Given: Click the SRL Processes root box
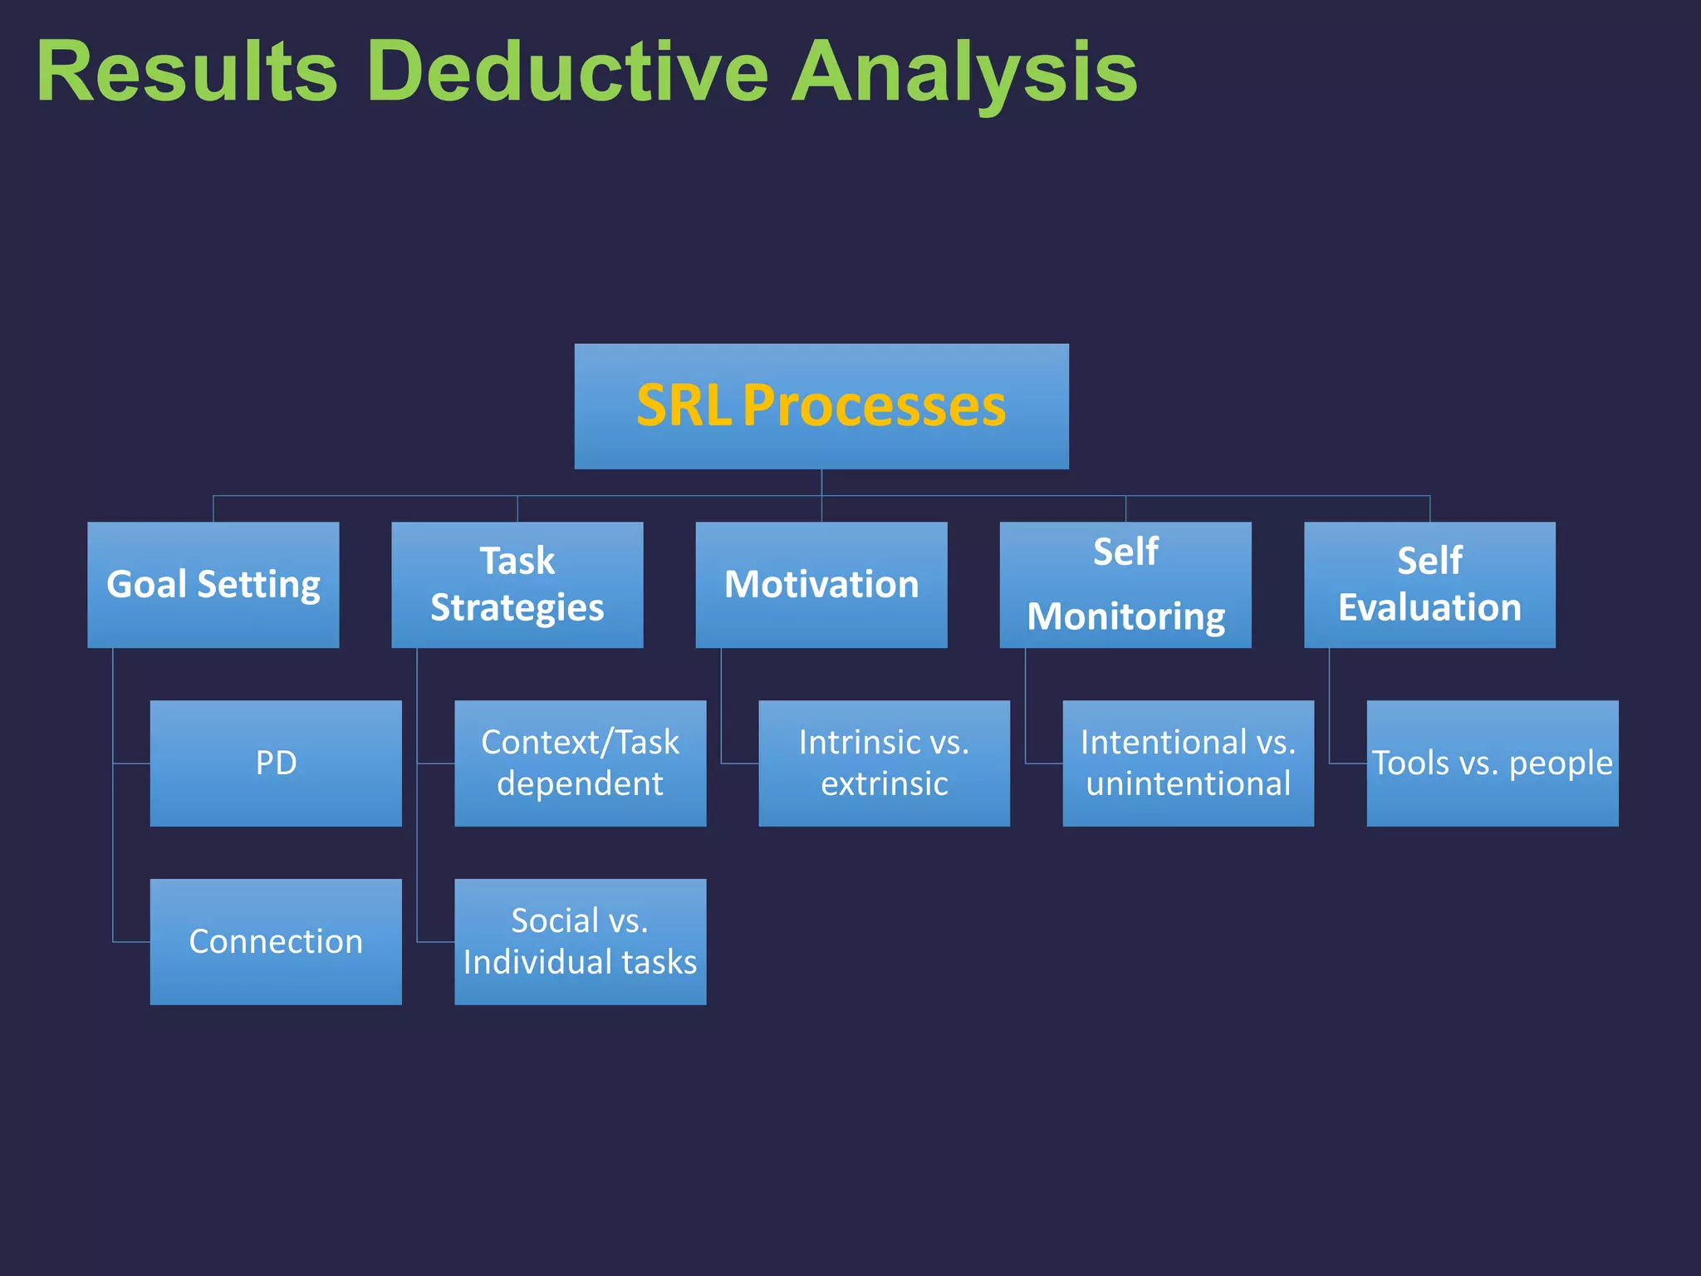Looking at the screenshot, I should tap(821, 406).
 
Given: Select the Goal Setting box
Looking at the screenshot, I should tap(213, 584).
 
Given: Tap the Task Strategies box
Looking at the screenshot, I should tap(517, 584).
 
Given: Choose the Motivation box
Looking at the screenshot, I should tap(821, 584).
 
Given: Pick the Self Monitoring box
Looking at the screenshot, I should tap(1125, 584).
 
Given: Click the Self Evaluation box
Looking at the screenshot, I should tap(1429, 584).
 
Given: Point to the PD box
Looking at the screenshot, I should tap(276, 763).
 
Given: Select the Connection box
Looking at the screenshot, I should tap(276, 941).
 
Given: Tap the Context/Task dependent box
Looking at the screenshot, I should tap(580, 763).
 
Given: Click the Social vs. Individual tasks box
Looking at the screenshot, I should tap(580, 941).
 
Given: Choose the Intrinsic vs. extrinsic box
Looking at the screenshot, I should tap(884, 763).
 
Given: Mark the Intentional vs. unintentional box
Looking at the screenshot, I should tap(1188, 763).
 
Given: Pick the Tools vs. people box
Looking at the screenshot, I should tap(1492, 763).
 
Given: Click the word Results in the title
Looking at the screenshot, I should tap(187, 72).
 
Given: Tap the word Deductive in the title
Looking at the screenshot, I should tap(567, 72).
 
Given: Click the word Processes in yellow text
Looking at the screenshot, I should tap(874, 406).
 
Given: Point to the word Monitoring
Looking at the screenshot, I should tap(1125, 617).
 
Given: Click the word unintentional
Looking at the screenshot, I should tap(1188, 783).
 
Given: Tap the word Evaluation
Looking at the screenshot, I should tap(1429, 607).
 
